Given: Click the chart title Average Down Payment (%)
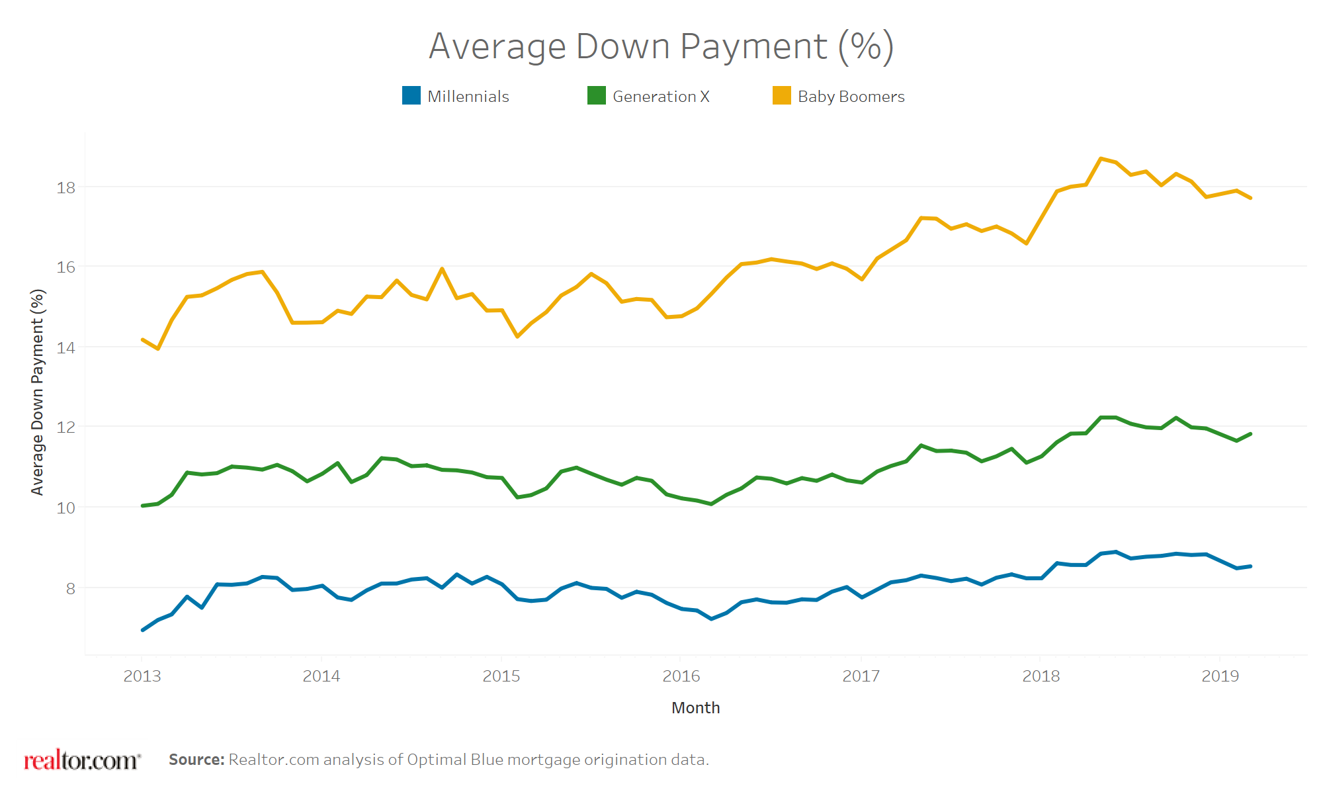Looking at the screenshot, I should point(661,46).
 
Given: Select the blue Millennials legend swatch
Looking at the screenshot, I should point(411,96).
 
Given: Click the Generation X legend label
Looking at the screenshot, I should point(660,97).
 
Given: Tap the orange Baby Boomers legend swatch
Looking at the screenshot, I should point(781,96).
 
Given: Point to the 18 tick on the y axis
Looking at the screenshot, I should point(66,188).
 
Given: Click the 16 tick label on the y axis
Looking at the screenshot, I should point(66,267).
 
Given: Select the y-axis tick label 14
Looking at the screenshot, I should point(66,347).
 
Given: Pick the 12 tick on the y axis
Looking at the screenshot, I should point(66,427).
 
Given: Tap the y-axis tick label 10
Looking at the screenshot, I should point(66,508).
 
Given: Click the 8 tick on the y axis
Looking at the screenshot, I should point(70,588).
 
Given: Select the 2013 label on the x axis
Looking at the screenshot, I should point(142,676).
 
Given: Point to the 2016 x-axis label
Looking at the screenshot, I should point(681,676).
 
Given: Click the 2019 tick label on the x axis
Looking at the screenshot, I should point(1220,676).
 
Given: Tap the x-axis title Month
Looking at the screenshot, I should point(695,707).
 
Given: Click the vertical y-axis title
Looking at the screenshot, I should point(38,392).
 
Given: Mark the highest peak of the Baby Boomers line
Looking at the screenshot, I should point(1101,159).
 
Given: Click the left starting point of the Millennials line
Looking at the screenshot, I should point(143,630).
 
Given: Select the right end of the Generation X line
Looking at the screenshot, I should point(1250,434).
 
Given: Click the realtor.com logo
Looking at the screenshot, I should point(82,760).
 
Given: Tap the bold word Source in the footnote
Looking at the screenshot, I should point(196,760).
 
